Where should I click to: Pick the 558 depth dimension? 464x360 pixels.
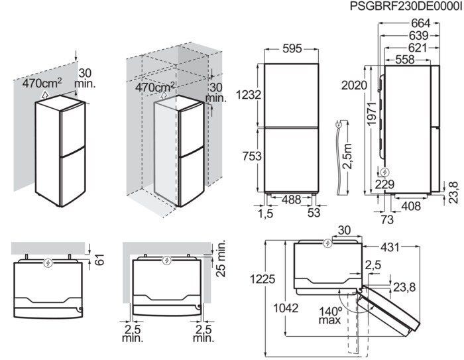coord(404,59)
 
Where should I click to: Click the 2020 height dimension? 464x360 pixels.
coord(355,85)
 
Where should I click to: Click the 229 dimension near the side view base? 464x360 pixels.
coord(385,184)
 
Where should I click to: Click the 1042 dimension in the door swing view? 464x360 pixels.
coord(285,308)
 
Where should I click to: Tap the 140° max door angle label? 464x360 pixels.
coord(329,314)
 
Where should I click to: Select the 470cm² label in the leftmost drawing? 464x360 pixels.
coord(42,84)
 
